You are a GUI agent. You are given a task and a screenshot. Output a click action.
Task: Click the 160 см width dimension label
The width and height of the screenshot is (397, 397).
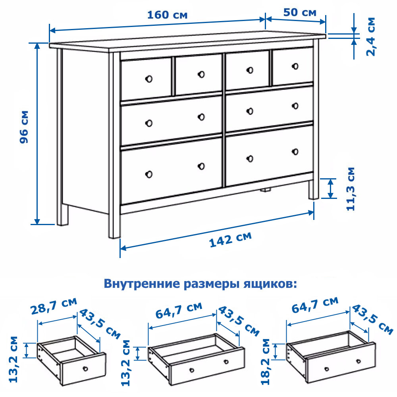(x=168, y=15)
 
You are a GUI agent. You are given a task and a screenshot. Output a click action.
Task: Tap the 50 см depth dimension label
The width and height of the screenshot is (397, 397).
(x=300, y=12)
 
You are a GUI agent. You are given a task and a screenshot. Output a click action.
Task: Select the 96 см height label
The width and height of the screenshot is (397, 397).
(x=24, y=127)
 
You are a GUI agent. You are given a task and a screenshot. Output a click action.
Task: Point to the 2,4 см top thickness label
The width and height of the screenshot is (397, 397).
(x=371, y=37)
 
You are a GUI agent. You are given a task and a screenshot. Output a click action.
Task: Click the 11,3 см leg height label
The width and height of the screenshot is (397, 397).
(x=351, y=189)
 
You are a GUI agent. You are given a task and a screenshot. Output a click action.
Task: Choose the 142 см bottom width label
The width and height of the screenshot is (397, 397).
(x=230, y=239)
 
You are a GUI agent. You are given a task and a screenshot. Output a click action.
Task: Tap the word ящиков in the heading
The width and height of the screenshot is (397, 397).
(x=270, y=284)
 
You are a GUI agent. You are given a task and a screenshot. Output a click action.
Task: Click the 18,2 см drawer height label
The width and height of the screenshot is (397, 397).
(x=266, y=362)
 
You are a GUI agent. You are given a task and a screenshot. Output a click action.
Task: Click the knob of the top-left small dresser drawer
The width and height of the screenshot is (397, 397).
(x=149, y=79)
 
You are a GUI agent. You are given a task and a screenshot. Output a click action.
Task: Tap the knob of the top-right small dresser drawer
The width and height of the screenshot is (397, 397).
(x=295, y=66)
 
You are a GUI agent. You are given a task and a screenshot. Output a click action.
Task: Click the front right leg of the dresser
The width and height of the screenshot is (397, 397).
(x=314, y=189)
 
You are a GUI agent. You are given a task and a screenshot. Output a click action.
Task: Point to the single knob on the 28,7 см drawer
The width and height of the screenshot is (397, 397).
(x=85, y=368)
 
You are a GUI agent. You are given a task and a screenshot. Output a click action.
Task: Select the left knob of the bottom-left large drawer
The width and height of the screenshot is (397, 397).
(x=149, y=174)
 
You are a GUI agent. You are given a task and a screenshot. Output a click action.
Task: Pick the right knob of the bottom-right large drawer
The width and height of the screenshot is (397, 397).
(x=295, y=152)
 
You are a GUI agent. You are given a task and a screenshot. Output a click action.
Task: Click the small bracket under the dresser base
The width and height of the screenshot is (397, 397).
(x=265, y=189)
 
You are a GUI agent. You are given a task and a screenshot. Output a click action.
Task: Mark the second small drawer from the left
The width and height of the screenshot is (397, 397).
(x=198, y=74)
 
